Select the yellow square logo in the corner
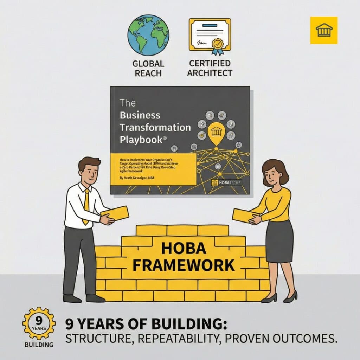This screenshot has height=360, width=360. point(323,30)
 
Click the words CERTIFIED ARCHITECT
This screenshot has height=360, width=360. point(210,68)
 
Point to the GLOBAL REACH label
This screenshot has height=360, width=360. point(148,69)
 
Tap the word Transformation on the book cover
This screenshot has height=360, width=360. point(155,127)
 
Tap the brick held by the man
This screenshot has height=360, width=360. point(115,213)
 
